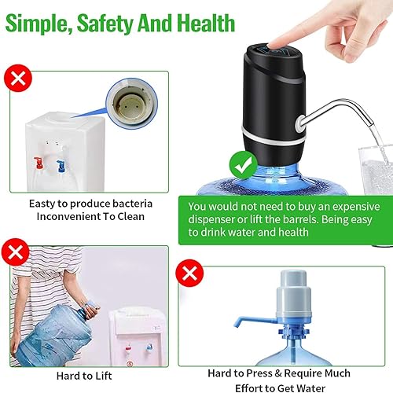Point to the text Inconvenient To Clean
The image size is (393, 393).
tap(90, 218)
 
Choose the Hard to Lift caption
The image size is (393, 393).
tap(88, 376)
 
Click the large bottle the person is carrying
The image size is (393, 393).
tap(59, 330)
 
